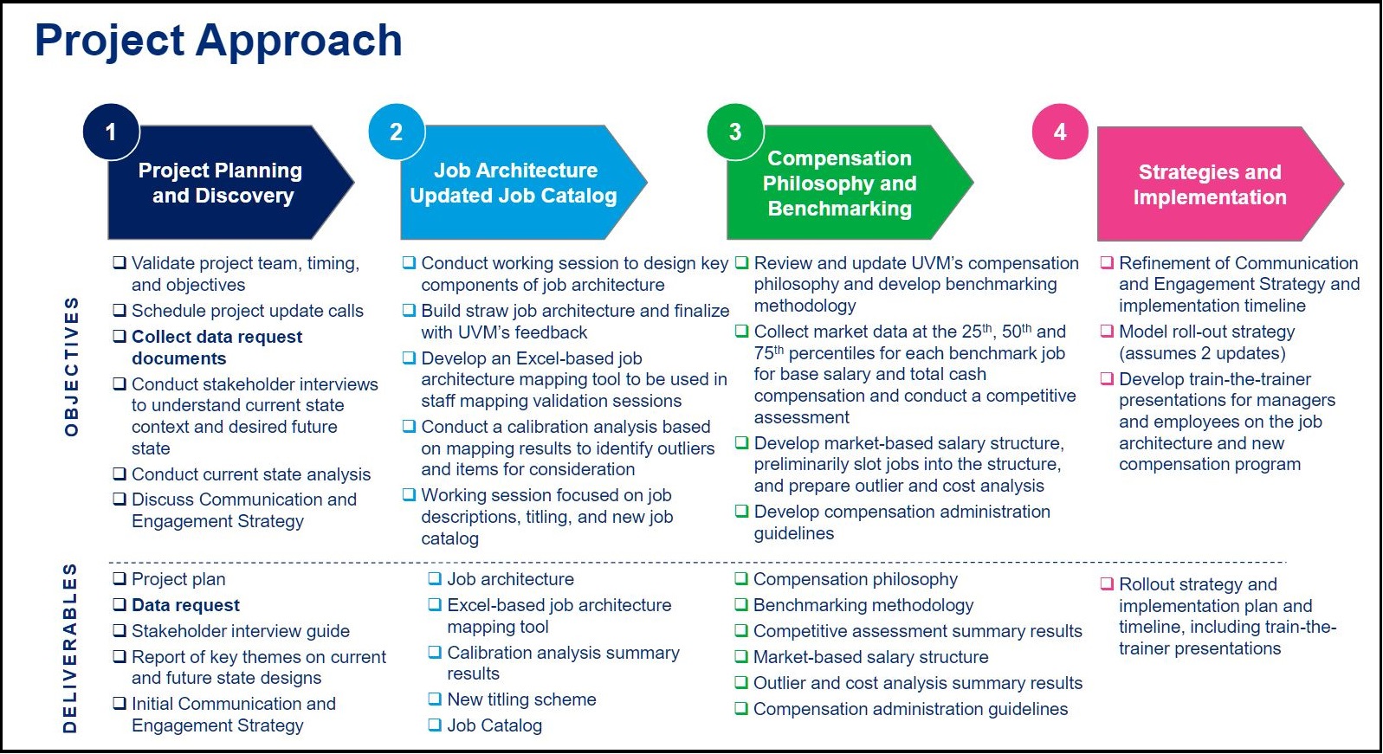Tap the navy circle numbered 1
[x=111, y=132]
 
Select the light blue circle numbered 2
[x=397, y=132]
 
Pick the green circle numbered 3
[x=734, y=132]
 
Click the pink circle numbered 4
[x=1060, y=132]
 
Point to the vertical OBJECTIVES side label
[x=72, y=366]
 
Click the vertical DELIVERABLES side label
[x=70, y=648]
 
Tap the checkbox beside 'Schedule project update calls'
[x=120, y=311]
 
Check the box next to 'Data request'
[x=120, y=605]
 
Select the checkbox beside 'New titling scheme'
[x=435, y=699]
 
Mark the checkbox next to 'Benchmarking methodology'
[x=741, y=605]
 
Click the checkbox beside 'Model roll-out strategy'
[x=1107, y=332]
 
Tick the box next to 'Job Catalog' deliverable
[x=435, y=725]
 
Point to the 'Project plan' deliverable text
[x=178, y=579]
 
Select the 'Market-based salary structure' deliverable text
[x=870, y=657]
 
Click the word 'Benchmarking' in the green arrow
[x=840, y=209]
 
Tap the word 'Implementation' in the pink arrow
[x=1210, y=197]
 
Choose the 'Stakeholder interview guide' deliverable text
[x=241, y=631]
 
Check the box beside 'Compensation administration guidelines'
[x=741, y=709]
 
